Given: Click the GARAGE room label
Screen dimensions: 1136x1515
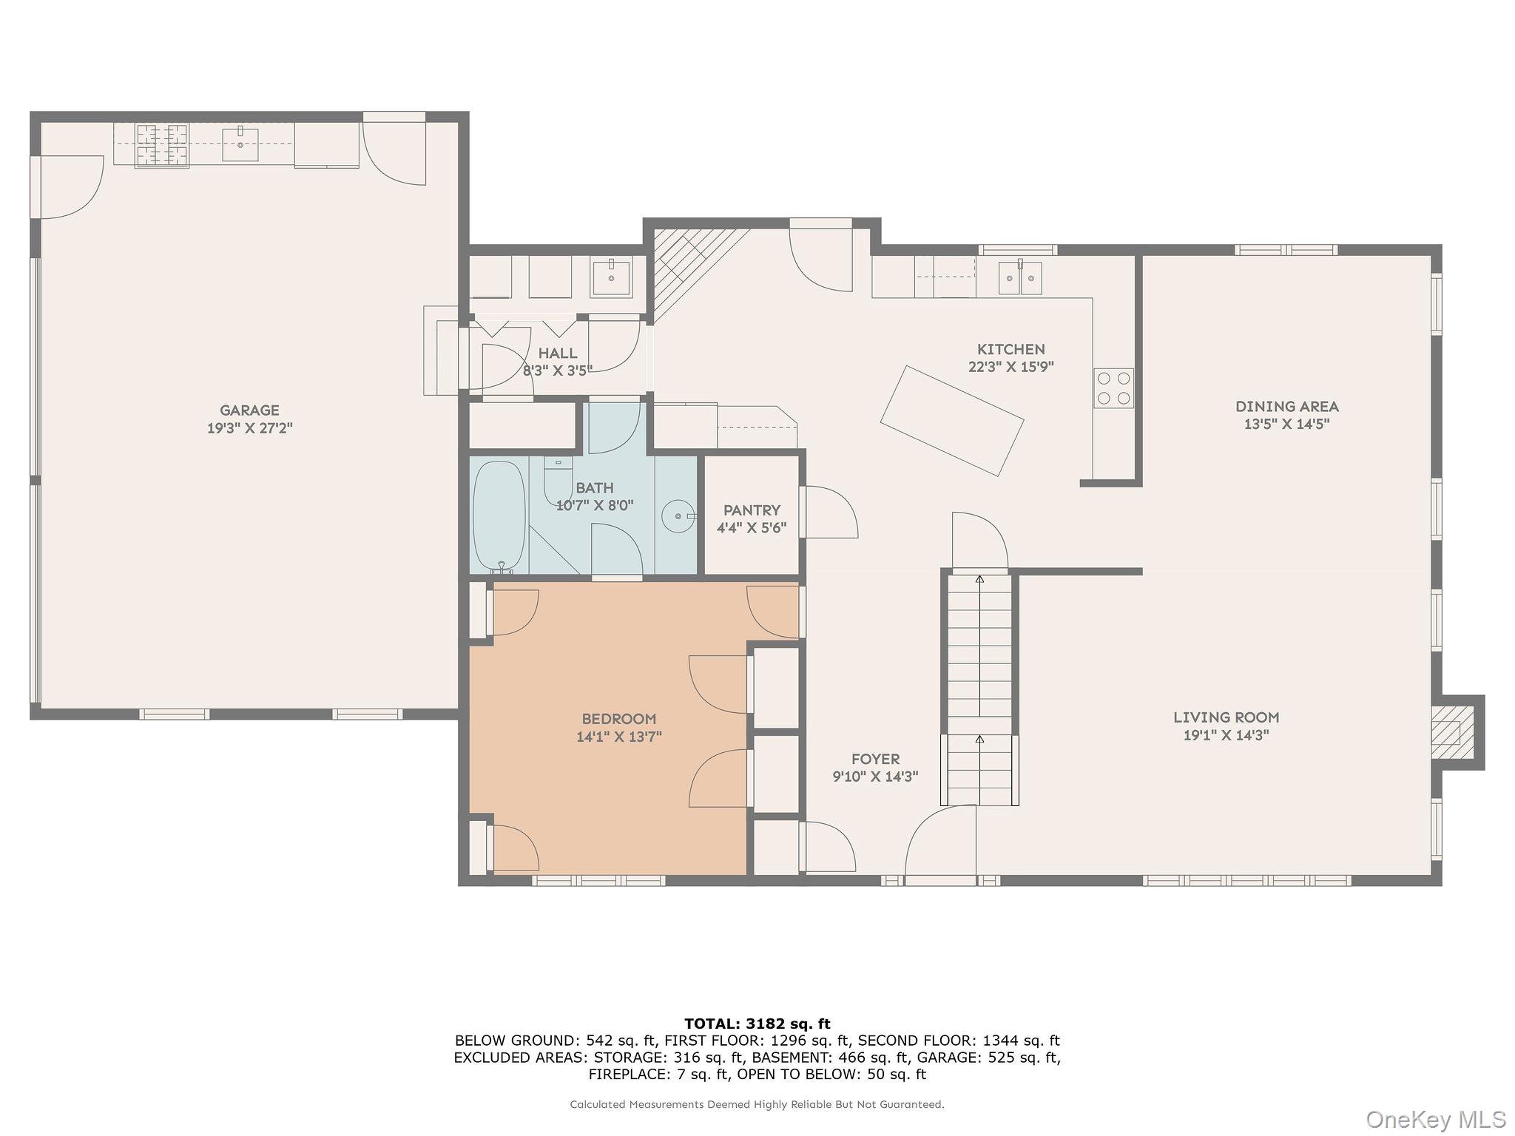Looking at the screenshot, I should point(249,410).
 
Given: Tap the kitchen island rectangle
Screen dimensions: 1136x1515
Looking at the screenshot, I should point(951,421).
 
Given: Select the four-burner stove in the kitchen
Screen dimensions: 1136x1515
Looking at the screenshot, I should point(1113,388).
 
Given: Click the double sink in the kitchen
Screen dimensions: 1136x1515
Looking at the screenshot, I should point(1020,278).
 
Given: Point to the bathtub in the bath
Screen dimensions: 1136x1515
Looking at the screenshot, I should point(499,515).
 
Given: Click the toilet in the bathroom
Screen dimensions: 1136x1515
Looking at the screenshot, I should point(556,479).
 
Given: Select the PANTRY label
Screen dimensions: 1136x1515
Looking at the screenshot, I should point(751,510).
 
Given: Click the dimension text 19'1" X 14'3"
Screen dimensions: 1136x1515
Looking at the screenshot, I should point(1226,735).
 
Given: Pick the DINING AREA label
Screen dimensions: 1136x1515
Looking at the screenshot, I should point(1286,406).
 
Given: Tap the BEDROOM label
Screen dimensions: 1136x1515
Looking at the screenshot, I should point(618,718).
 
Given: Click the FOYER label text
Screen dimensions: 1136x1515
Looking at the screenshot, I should point(875,759).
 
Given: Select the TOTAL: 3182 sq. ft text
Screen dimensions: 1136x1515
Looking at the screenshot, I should point(757,1024).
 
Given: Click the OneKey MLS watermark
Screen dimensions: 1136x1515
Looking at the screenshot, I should point(1435,1119).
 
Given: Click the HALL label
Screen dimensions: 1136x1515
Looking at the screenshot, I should point(557,354).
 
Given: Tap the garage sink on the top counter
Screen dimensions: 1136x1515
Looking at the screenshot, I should point(240,143).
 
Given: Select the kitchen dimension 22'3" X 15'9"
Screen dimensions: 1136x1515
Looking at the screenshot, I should point(1010,366).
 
